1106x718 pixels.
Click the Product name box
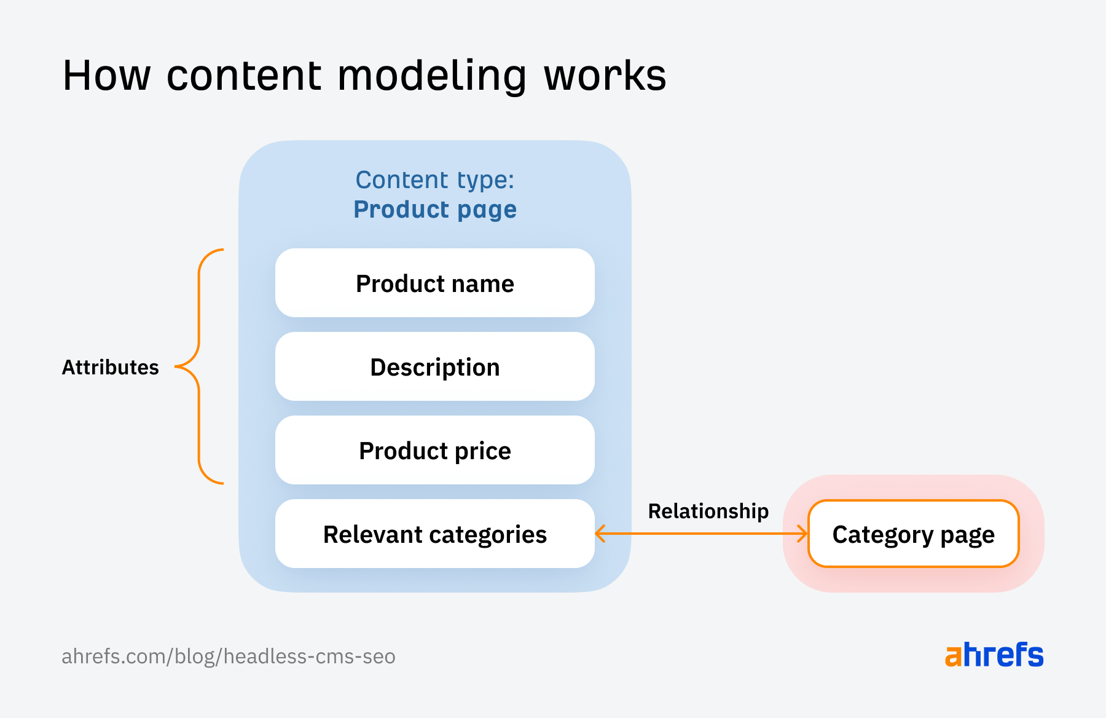click(434, 283)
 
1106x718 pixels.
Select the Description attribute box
click(434, 367)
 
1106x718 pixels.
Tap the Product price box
click(434, 451)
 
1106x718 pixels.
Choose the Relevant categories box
click(434, 534)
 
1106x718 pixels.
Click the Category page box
click(913, 534)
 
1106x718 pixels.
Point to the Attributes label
click(111, 367)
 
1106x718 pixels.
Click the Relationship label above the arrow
click(708, 511)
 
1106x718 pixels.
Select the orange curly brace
click(199, 367)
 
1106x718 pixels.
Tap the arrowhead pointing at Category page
click(802, 534)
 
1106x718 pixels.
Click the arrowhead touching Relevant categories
click(600, 534)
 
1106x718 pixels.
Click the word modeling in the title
click(432, 76)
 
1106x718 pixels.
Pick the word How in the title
click(106, 76)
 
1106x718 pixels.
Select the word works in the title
click(605, 76)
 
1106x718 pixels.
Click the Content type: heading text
click(434, 180)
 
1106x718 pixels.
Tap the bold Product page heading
click(434, 210)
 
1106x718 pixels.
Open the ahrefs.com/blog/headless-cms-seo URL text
click(228, 657)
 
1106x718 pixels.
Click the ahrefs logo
click(994, 655)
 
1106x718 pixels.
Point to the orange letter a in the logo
click(953, 657)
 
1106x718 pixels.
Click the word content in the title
click(244, 76)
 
